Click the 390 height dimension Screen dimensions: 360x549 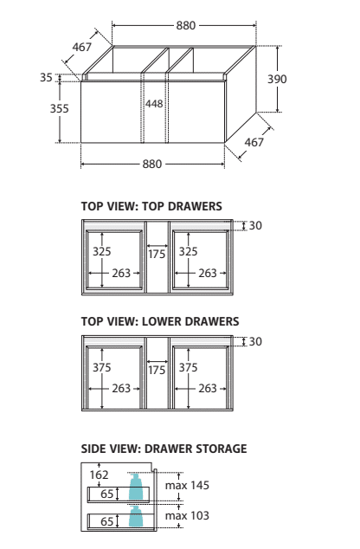pos(277,79)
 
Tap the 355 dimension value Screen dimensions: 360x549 pos(59,108)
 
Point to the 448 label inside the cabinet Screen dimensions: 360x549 pos(154,104)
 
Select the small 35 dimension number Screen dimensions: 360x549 pos(46,77)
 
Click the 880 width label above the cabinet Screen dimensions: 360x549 pos(186,26)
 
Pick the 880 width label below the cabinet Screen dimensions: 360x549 pos(152,164)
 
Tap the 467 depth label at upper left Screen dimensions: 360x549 pos(82,47)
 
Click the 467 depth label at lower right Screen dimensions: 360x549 pos(254,142)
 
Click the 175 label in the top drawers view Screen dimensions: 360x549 pos(157,254)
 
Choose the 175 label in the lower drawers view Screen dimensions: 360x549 pos(157,370)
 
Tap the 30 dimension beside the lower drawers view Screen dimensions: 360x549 pos(255,341)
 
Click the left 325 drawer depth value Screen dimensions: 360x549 pos(102,251)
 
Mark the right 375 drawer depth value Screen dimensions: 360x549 pos(189,367)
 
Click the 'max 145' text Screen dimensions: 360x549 pos(187,485)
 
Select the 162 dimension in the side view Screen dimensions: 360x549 pos(99,475)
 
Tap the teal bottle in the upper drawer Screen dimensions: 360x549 pos(136,487)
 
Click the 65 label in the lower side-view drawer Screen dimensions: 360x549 pos(107,521)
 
